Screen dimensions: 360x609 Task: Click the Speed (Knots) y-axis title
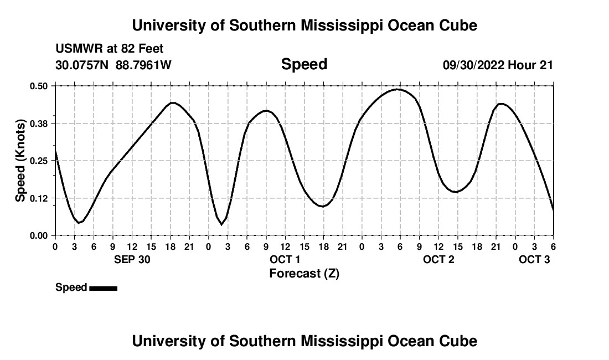click(x=20, y=160)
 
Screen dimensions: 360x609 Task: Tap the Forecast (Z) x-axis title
click(x=304, y=273)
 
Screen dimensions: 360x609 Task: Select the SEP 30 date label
click(x=132, y=259)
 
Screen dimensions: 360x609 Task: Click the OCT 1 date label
click(x=285, y=259)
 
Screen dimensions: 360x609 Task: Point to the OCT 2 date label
click(x=438, y=259)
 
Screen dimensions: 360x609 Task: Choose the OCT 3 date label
click(x=534, y=259)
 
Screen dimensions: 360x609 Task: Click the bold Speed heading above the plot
click(x=304, y=64)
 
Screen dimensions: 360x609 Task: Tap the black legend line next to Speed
click(x=103, y=288)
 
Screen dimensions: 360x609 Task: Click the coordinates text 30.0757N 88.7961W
click(x=113, y=65)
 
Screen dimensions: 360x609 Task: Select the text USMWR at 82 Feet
click(x=109, y=49)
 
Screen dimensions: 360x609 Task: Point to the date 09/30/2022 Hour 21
click(x=498, y=65)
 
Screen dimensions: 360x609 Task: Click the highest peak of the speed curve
click(x=398, y=89)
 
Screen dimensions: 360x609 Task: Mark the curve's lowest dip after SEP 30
click(x=221, y=224)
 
